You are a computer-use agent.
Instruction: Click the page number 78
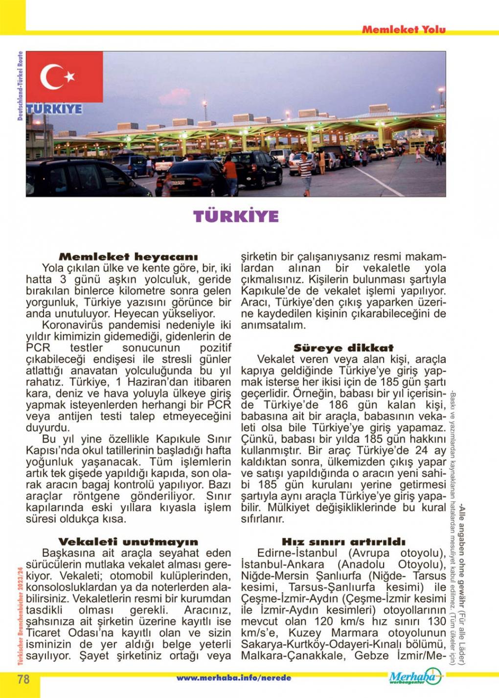(x=23, y=679)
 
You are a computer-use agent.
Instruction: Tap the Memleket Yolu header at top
(x=404, y=29)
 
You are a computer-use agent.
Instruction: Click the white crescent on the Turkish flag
(x=51, y=77)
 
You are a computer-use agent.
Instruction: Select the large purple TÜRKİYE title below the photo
(x=236, y=216)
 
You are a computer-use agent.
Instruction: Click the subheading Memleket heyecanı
(x=128, y=256)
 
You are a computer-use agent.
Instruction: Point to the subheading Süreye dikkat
(x=343, y=348)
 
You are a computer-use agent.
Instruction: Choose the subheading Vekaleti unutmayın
(x=128, y=542)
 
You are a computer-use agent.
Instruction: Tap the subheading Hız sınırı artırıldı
(x=343, y=542)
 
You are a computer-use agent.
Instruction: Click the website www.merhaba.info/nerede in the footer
(x=233, y=678)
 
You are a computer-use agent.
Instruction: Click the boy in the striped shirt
(x=305, y=171)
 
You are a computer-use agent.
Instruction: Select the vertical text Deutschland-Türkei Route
(x=20, y=86)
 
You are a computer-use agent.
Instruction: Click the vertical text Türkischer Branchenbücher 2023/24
(x=20, y=615)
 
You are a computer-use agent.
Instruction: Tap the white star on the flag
(x=69, y=76)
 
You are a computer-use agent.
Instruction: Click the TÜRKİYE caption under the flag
(x=54, y=109)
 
